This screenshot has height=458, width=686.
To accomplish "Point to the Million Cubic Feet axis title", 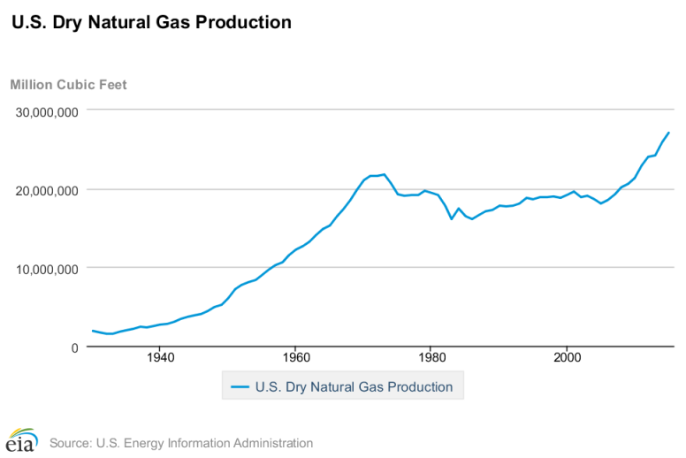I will point(68,85).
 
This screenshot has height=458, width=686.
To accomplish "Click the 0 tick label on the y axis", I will point(74,347).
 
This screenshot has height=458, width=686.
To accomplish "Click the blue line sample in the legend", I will point(239,386).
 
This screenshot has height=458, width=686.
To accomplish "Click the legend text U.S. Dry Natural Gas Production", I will point(354,386).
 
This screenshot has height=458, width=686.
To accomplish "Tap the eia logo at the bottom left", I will point(20,439).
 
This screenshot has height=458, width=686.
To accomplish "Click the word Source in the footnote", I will point(71,443).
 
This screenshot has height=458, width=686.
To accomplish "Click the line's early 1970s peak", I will point(384,174).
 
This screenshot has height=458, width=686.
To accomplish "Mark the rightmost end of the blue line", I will point(669,133).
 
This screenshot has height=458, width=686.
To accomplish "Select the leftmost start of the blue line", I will point(92,331).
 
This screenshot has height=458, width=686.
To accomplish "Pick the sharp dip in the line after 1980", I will point(452,218).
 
